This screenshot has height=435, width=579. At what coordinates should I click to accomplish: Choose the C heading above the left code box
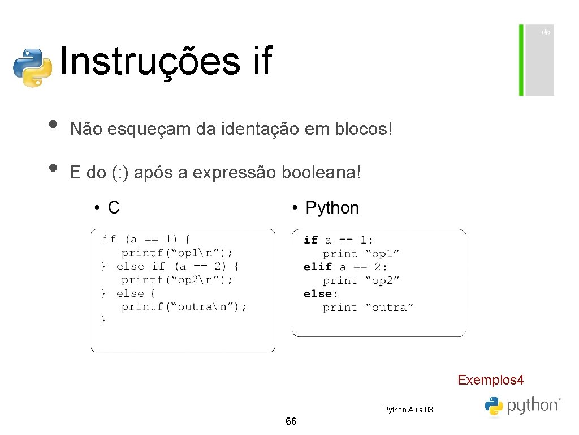(114, 208)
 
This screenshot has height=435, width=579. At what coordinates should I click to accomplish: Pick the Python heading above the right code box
(332, 208)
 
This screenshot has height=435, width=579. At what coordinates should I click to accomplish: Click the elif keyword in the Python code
(317, 267)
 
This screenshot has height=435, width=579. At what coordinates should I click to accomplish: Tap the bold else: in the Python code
(321, 294)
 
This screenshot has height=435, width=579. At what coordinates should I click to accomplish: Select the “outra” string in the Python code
(389, 308)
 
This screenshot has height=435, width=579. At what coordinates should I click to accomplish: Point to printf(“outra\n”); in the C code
(184, 307)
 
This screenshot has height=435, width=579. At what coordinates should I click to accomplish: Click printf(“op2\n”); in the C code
(177, 280)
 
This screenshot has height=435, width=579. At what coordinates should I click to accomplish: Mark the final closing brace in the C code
(103, 321)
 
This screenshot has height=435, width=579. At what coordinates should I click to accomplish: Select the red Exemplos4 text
(490, 379)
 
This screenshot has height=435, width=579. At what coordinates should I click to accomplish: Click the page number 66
(291, 421)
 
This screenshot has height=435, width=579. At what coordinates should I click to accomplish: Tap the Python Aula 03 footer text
(408, 410)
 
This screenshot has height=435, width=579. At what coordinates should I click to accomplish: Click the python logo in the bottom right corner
(521, 406)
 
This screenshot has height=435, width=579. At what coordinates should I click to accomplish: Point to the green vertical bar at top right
(521, 60)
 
